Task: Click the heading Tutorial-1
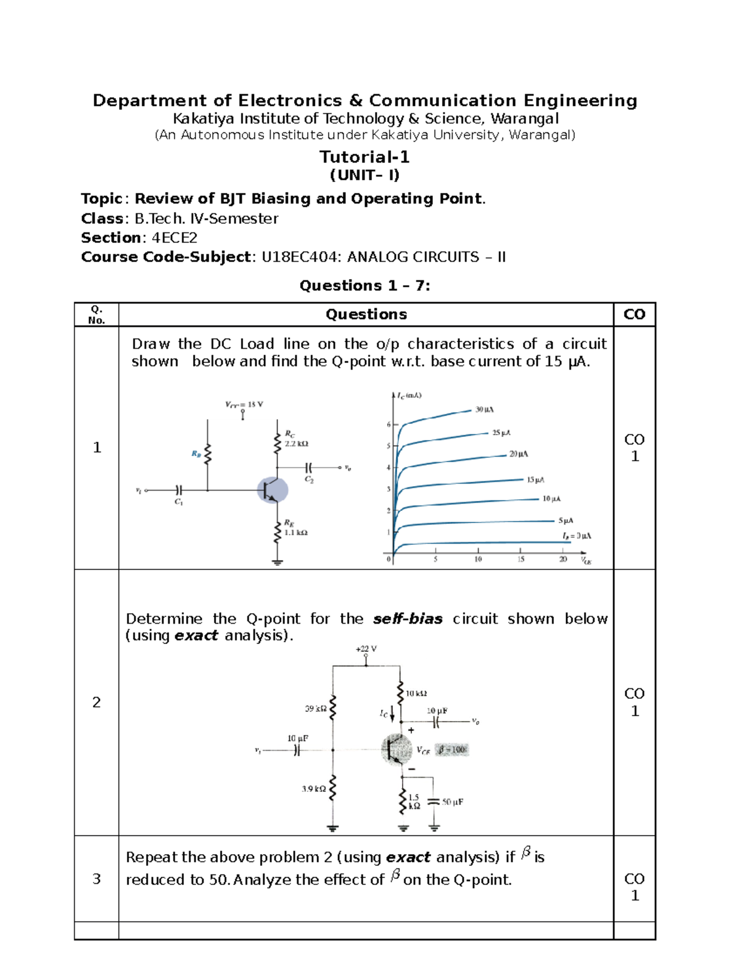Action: click(x=364, y=157)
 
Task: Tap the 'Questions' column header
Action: click(x=366, y=314)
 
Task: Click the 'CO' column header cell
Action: click(x=634, y=314)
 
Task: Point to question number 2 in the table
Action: click(x=96, y=702)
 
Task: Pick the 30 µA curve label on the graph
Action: click(x=484, y=410)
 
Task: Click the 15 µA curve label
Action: click(x=535, y=479)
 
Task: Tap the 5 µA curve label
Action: click(x=565, y=521)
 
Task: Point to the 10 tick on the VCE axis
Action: click(x=478, y=560)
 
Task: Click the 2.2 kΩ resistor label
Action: click(x=296, y=444)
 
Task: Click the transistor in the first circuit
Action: click(x=272, y=490)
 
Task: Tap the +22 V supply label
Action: click(x=366, y=649)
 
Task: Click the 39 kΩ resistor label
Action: click(x=316, y=709)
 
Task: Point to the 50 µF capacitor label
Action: click(x=452, y=802)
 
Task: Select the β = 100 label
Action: click(x=452, y=750)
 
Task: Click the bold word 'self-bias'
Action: click(x=408, y=619)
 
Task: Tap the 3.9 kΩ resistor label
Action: click(x=314, y=789)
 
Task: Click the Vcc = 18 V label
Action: click(x=244, y=405)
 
